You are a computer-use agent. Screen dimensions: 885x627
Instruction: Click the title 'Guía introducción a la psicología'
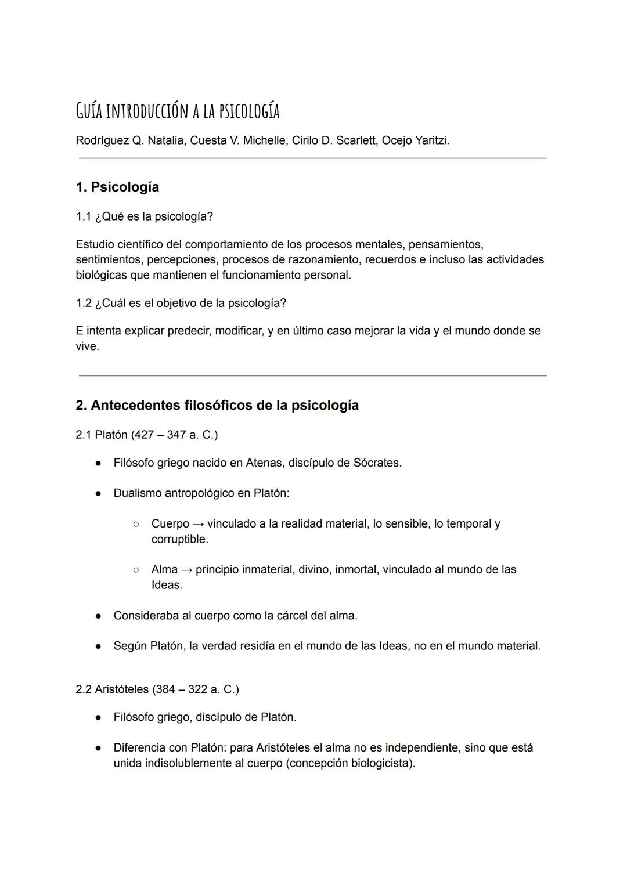point(178,111)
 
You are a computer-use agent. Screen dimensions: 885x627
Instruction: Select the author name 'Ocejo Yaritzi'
point(415,140)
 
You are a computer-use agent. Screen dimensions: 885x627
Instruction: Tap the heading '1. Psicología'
point(117,187)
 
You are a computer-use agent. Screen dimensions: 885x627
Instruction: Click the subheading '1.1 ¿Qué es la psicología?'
point(144,216)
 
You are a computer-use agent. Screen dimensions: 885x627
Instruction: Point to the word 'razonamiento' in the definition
point(323,259)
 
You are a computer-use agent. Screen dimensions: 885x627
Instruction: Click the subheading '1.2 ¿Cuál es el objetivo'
point(181,303)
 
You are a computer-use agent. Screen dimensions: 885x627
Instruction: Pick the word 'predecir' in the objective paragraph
point(189,331)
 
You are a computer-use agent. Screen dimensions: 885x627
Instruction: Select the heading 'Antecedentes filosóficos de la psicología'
point(224,405)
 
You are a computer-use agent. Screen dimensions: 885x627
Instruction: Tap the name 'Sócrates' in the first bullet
point(376,463)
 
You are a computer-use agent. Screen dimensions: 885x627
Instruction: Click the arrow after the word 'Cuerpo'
point(198,524)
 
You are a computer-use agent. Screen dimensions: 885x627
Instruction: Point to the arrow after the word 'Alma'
point(186,570)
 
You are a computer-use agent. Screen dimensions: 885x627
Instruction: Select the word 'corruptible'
point(178,539)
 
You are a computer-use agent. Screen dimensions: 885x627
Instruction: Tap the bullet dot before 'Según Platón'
point(99,646)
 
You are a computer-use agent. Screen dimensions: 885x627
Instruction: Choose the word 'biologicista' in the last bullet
point(382,763)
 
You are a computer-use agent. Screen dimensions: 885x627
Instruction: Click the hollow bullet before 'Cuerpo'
point(136,524)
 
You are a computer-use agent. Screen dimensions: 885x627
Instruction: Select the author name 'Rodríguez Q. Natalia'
point(129,140)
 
